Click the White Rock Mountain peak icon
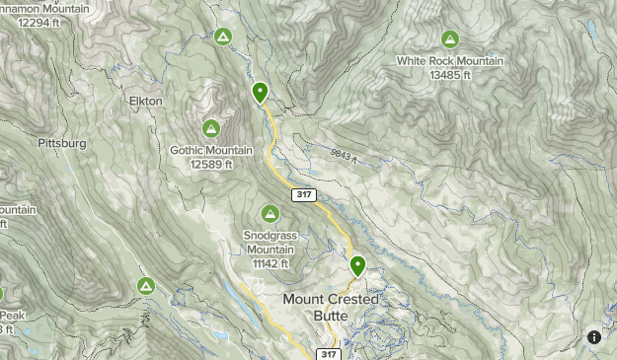pyautogui.click(x=450, y=39)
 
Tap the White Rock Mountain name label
pyautogui.click(x=450, y=61)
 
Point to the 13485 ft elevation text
pyautogui.click(x=450, y=74)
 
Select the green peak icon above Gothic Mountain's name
pyautogui.click(x=211, y=128)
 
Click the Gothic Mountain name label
pyautogui.click(x=211, y=151)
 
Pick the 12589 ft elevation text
pyautogui.click(x=211, y=164)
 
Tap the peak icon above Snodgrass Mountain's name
pyautogui.click(x=270, y=213)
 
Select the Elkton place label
pyautogui.click(x=145, y=101)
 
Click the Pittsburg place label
pyautogui.click(x=62, y=143)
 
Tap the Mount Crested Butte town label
pyautogui.click(x=330, y=307)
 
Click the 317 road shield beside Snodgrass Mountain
pyautogui.click(x=302, y=195)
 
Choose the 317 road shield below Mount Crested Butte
pyautogui.click(x=329, y=353)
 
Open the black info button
pyautogui.click(x=594, y=337)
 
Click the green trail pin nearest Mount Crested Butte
pyautogui.click(x=357, y=265)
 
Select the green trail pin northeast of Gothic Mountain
pyautogui.click(x=260, y=93)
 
